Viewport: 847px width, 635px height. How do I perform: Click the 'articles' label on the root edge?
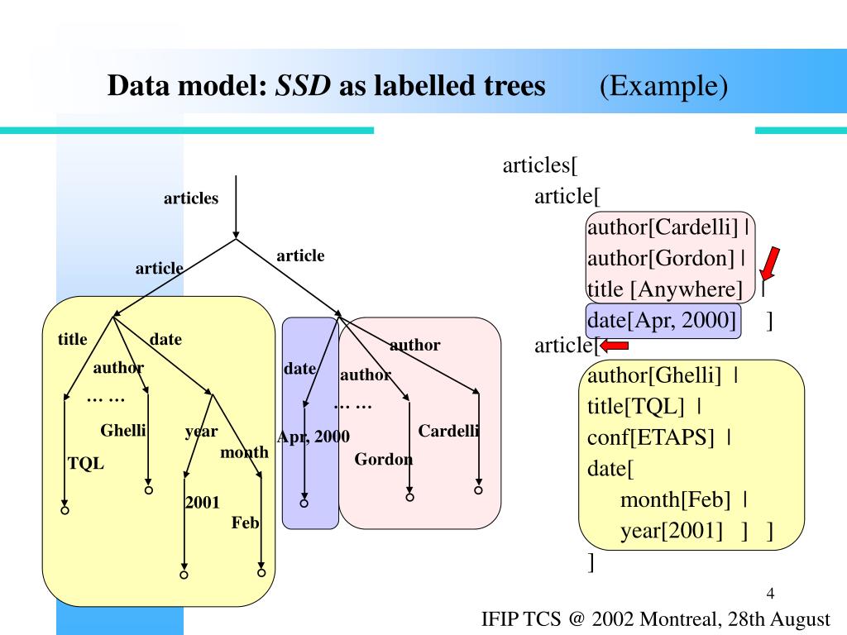(191, 198)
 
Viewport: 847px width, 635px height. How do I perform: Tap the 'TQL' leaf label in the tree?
(86, 464)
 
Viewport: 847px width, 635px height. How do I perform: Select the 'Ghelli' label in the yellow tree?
(123, 430)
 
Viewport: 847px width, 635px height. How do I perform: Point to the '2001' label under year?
(202, 500)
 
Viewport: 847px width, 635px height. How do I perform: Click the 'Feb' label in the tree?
(246, 523)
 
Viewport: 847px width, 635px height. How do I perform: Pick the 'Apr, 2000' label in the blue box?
(313, 437)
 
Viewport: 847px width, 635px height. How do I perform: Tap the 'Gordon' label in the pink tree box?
(383, 460)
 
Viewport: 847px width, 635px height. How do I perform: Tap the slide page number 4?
(770, 593)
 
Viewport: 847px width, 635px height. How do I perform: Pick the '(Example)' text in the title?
(664, 85)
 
